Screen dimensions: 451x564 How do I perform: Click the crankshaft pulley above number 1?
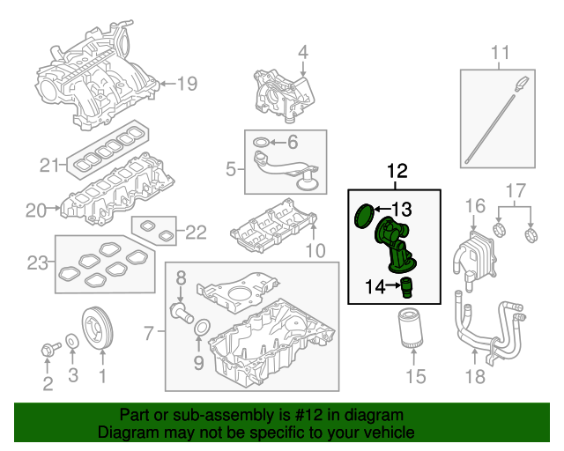[100, 329]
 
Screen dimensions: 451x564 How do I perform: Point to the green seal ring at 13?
[362, 216]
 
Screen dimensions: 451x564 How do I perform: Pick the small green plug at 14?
[406, 285]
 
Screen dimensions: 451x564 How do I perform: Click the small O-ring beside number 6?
[261, 142]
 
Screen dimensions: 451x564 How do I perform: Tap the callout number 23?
[36, 262]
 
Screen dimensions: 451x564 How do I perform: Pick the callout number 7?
[149, 334]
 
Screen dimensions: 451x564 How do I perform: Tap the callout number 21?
[48, 164]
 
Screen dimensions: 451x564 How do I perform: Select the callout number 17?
[516, 190]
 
